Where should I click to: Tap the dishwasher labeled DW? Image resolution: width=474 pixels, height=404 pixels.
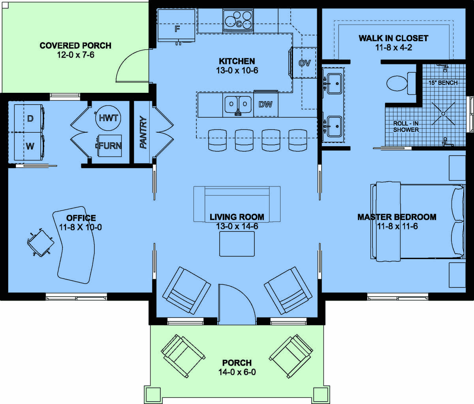pos(266,104)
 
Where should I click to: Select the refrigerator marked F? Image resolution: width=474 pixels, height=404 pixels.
pos(176,26)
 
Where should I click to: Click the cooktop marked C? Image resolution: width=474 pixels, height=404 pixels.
pos(238,21)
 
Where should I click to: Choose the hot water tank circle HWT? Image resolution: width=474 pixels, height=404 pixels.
pos(108,118)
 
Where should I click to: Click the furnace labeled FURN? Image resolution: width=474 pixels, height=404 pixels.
pos(110,146)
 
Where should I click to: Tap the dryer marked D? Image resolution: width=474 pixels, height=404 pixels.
pos(29,118)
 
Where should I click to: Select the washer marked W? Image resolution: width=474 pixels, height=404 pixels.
pos(29,146)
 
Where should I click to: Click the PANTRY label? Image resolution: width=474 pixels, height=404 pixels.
pos(143,133)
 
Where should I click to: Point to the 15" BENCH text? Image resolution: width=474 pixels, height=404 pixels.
pos(443,83)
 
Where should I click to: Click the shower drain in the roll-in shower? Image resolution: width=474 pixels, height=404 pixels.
pos(444,113)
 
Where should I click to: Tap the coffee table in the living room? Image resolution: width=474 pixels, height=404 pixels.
pos(237,244)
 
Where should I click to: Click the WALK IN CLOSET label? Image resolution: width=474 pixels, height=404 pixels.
pos(393,38)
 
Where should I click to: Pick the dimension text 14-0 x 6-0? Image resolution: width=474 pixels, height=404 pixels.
pos(237,372)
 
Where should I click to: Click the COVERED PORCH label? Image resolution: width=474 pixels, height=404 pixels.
pos(75,46)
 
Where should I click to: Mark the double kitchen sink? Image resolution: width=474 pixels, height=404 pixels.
pos(238,105)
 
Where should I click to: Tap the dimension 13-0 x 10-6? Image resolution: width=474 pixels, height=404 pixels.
pos(237,70)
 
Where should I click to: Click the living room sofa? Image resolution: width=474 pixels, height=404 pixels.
pos(237,204)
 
